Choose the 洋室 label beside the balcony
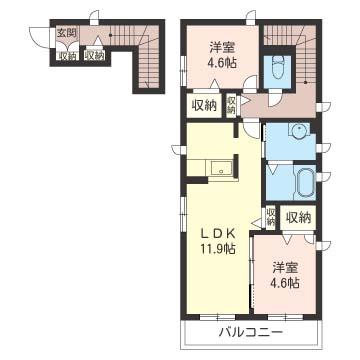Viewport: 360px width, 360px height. click(x=285, y=267)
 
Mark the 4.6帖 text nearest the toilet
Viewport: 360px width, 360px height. click(x=222, y=63)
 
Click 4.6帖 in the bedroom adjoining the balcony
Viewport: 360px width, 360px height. click(x=285, y=283)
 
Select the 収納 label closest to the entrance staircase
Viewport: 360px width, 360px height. click(x=94, y=56)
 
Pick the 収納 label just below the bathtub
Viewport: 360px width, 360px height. click(x=298, y=217)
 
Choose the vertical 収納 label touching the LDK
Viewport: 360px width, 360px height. click(x=271, y=217)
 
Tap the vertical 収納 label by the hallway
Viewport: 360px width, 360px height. click(x=231, y=104)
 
